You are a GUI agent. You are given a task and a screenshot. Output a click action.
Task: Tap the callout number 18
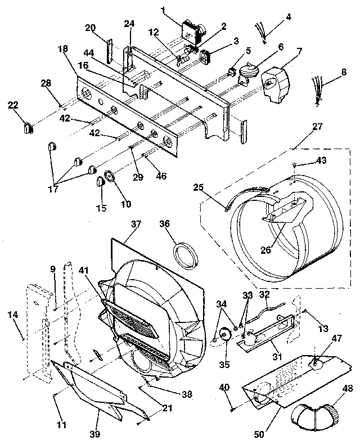[x=62, y=50]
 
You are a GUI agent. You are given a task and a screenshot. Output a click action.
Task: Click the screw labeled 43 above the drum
[x=295, y=164]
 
